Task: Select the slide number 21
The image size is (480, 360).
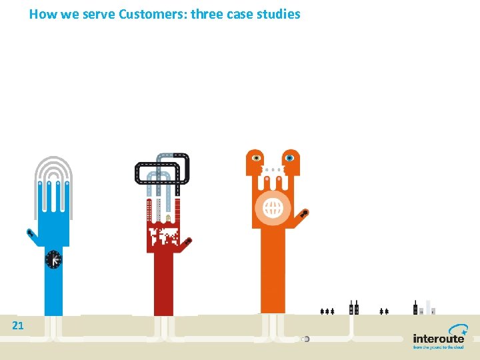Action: (18, 325)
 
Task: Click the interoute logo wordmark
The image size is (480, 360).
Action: (438, 339)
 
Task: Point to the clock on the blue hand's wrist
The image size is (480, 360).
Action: (53, 259)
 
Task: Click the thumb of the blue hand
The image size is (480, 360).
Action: (30, 234)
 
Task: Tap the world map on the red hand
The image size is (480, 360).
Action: (164, 236)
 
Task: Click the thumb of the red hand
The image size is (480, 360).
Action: (188, 241)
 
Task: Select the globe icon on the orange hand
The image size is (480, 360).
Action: (273, 209)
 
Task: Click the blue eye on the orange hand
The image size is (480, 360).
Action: (289, 158)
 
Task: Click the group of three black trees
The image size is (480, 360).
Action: (327, 311)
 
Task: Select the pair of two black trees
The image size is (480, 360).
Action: (383, 311)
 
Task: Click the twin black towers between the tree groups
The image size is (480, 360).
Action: (355, 308)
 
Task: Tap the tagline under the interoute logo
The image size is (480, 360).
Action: (438, 347)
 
